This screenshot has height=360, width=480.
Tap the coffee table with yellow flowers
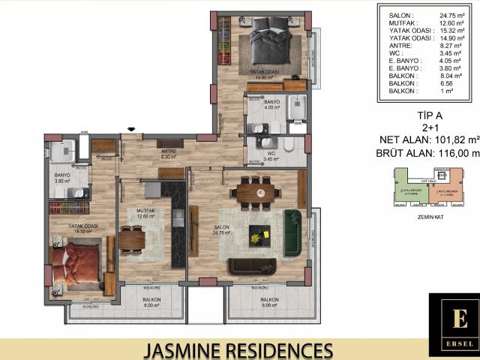point(259,235)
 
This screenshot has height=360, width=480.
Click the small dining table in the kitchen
point(132,238)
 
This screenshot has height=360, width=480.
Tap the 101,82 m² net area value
point(454,139)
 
